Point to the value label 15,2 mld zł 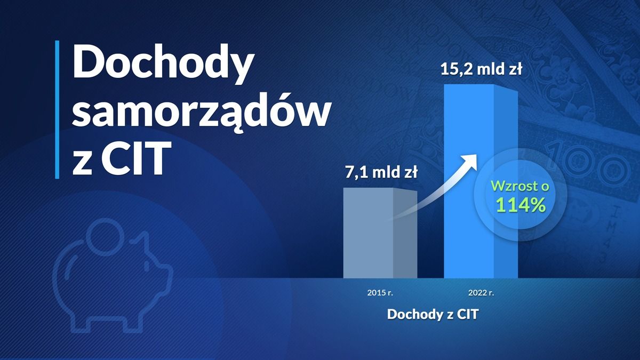pyautogui.click(x=482, y=69)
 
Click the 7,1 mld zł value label pyautogui.click(x=381, y=172)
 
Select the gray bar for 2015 pyautogui.click(x=380, y=233)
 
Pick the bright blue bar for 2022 pyautogui.click(x=481, y=181)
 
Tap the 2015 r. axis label pyautogui.click(x=380, y=293)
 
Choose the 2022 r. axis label pyautogui.click(x=481, y=293)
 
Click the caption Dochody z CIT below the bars pyautogui.click(x=433, y=314)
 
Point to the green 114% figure pyautogui.click(x=521, y=205)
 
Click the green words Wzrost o pyautogui.click(x=520, y=186)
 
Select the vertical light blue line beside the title pyautogui.click(x=57, y=110)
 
